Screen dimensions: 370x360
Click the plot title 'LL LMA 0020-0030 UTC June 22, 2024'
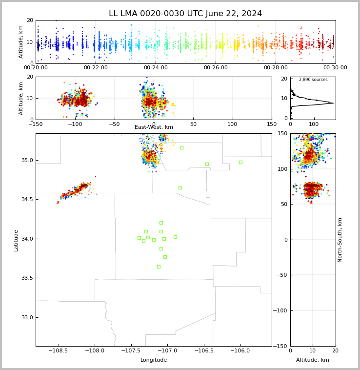click(185, 14)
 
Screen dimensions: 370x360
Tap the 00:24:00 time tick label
click(156, 68)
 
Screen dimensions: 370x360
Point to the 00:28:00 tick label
click(276, 68)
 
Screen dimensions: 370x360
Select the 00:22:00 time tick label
click(96, 68)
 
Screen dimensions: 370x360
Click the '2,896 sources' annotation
click(313, 80)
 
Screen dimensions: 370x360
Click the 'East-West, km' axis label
click(154, 127)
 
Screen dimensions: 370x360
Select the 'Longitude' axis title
click(154, 360)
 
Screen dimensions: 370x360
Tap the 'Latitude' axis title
click(16, 240)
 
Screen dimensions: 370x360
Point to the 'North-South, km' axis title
click(340, 240)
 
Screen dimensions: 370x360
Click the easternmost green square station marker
click(240, 162)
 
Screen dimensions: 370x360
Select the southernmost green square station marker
click(159, 267)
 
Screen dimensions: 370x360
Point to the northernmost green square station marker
click(181, 147)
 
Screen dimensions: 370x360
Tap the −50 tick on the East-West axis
click(115, 124)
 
